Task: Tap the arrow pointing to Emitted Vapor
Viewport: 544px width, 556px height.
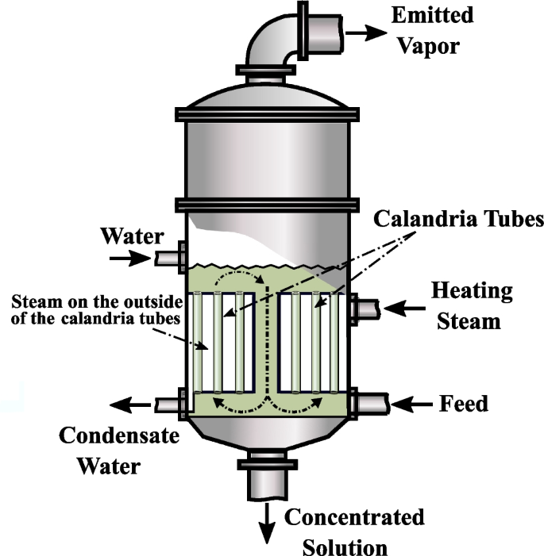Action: [x=366, y=33]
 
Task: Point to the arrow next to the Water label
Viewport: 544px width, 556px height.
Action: [x=128, y=258]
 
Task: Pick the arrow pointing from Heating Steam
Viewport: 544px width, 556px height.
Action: [x=404, y=308]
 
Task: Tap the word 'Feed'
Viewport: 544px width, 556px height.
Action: [x=464, y=404]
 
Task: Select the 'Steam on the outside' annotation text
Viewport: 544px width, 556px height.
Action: [x=95, y=309]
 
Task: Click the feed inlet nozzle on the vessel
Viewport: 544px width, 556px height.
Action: [x=367, y=404]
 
